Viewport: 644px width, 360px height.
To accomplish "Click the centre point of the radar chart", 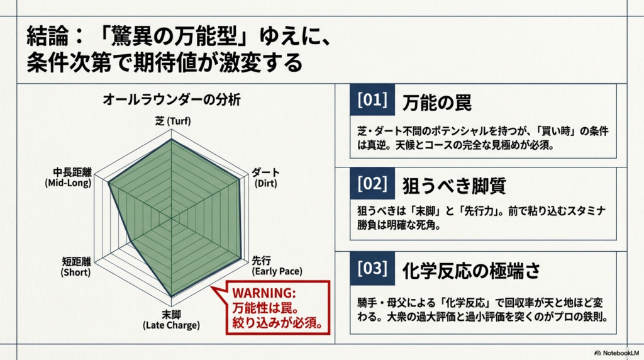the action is pos(171,218).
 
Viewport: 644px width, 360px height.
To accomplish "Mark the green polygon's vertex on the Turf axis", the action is pos(171,140).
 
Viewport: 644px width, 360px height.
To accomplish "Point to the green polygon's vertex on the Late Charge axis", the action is pos(171,296).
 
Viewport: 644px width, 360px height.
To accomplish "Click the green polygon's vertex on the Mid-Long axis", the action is pos(108,183).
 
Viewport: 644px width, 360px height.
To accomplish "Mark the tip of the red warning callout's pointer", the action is pos(211,286).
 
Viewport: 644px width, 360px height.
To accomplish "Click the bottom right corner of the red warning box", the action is pos(330,334).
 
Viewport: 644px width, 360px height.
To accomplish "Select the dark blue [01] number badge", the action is pos(372,99).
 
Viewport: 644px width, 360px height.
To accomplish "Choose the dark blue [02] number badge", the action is pos(372,183).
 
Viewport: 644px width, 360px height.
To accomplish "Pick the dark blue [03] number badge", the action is pos(372,268).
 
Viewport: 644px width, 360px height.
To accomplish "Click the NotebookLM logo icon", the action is pos(597,353).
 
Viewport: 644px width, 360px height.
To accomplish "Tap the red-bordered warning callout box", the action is pos(277,307).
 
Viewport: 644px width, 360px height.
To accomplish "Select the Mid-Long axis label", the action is pos(69,177).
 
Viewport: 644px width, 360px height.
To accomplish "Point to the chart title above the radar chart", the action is pos(171,99).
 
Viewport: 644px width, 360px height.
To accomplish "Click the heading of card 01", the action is pos(436,103).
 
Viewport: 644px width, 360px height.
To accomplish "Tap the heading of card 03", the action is pos(471,271).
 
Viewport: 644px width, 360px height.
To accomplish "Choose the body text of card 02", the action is pos(481,218).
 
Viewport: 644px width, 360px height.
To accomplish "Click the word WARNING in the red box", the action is pos(264,293).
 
